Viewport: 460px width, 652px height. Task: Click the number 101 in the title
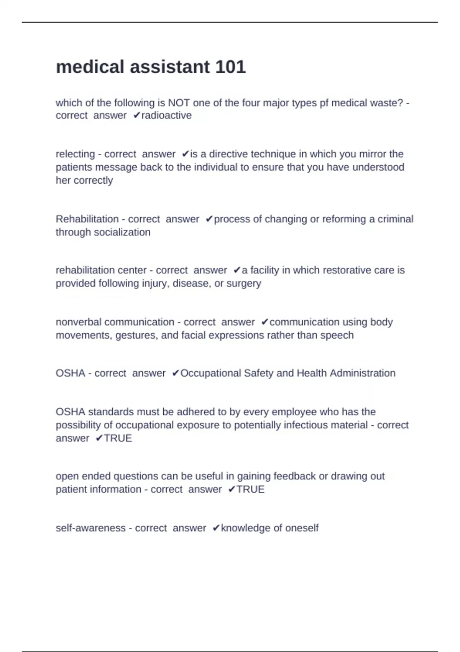[x=230, y=67]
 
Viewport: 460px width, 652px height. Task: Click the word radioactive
[x=166, y=115]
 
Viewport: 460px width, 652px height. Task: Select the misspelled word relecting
[x=75, y=154]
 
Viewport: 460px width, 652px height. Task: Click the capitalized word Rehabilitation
[x=87, y=219]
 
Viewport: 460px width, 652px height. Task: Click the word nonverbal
[x=79, y=322]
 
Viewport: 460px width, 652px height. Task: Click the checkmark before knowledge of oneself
[x=216, y=528]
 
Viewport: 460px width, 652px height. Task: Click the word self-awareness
[x=90, y=528]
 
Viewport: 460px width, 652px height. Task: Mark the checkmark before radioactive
[x=136, y=115]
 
